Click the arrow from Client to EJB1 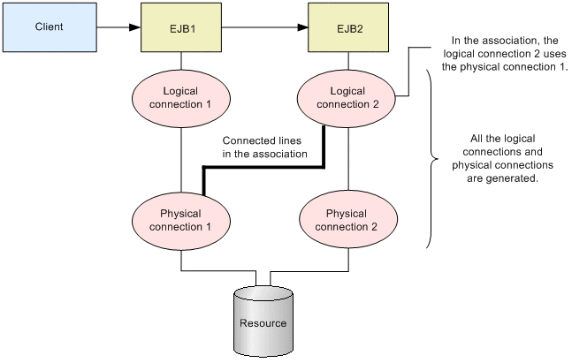point(116,26)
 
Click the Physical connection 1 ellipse point(181,221)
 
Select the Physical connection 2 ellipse point(347,221)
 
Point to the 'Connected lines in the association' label point(264,147)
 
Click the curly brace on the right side point(431,159)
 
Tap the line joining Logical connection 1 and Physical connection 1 point(181,159)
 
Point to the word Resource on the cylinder point(263,322)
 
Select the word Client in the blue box point(50,26)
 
